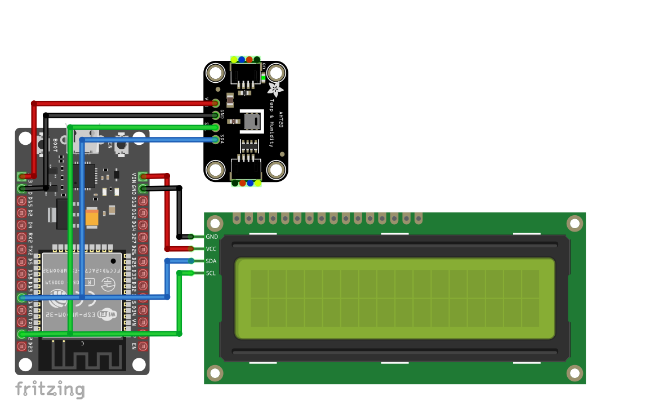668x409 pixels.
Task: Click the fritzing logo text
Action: (x=50, y=389)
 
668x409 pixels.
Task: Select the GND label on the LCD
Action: (x=212, y=237)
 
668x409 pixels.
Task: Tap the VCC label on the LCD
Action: (x=211, y=249)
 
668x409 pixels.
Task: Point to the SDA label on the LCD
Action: (x=211, y=261)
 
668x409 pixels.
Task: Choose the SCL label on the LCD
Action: (x=211, y=274)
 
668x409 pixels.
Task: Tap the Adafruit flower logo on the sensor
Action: (x=275, y=89)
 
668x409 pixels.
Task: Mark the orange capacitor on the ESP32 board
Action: (x=92, y=217)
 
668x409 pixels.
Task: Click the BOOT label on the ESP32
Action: (x=55, y=145)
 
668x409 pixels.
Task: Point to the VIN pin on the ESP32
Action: (x=143, y=177)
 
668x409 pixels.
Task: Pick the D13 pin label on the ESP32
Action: (x=134, y=201)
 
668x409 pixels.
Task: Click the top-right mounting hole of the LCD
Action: (x=574, y=224)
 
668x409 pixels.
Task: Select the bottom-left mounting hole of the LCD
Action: (x=215, y=372)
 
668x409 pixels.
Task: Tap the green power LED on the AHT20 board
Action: (x=263, y=78)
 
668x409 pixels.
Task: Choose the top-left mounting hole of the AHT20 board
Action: (x=215, y=73)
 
